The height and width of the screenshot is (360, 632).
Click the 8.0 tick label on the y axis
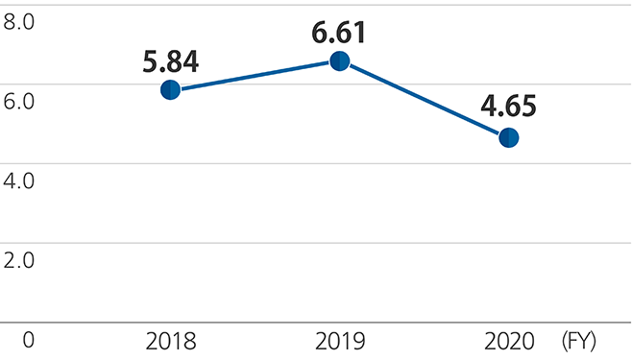pos(19,20)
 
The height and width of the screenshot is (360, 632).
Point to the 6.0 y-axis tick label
pos(19,100)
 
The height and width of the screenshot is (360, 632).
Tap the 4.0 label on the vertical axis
pos(19,180)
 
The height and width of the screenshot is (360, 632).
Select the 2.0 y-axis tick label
pos(19,259)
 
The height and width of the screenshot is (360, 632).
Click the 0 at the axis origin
pos(28,341)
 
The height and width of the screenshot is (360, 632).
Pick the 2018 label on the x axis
pos(171,341)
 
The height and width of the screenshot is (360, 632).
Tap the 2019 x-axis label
pos(340,341)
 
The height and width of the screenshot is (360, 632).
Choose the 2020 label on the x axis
pos(508,341)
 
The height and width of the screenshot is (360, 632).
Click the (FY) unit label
pos(580,341)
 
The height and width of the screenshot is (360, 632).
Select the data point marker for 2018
pos(171,90)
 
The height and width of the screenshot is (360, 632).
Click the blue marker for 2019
pos(340,60)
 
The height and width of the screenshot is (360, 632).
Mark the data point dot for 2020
pos(509,137)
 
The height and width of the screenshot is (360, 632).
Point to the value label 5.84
pos(171,62)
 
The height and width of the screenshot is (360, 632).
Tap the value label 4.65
pos(509,106)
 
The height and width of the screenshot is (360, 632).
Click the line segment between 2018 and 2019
pos(255,75)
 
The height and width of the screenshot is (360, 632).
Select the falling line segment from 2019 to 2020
pos(425,99)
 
